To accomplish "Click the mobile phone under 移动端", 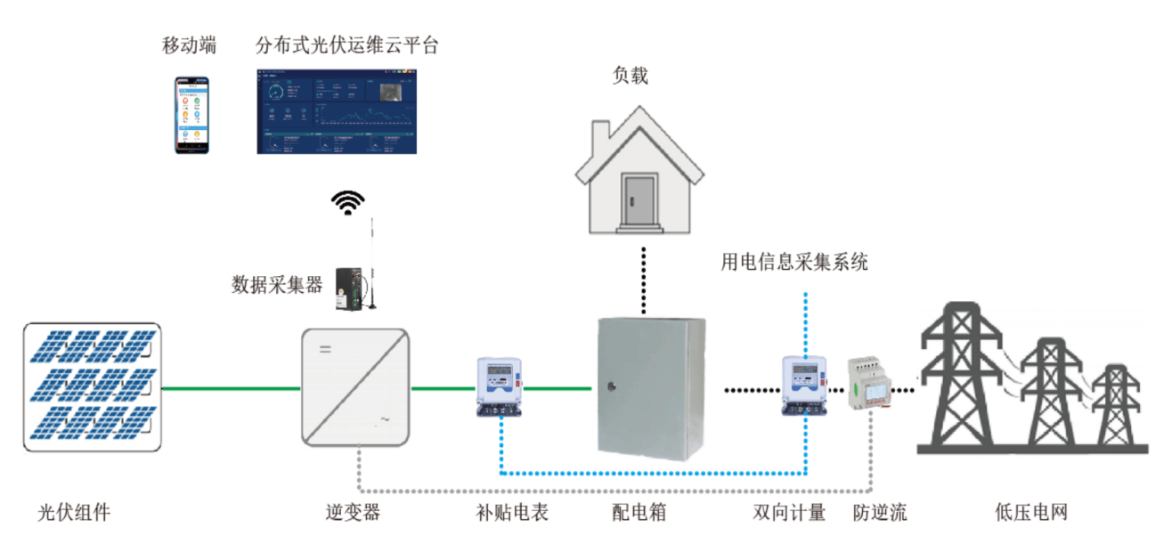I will click(x=191, y=115).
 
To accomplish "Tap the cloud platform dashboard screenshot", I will click(x=337, y=111).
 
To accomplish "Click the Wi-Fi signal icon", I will click(x=348, y=203).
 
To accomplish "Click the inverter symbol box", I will click(x=355, y=387).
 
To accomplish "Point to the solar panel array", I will click(x=92, y=386).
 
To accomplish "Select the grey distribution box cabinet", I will click(x=650, y=388).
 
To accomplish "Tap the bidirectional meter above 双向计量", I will click(x=804, y=386).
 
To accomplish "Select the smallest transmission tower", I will click(x=1115, y=405).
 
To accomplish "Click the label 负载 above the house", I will click(x=630, y=76).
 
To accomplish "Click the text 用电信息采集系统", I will click(x=794, y=262).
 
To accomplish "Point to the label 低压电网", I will click(x=1030, y=513).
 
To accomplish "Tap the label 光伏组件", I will click(x=74, y=513).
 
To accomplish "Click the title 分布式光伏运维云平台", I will click(x=346, y=45).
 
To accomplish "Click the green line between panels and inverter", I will click(x=231, y=388).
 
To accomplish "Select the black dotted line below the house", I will click(x=641, y=280).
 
